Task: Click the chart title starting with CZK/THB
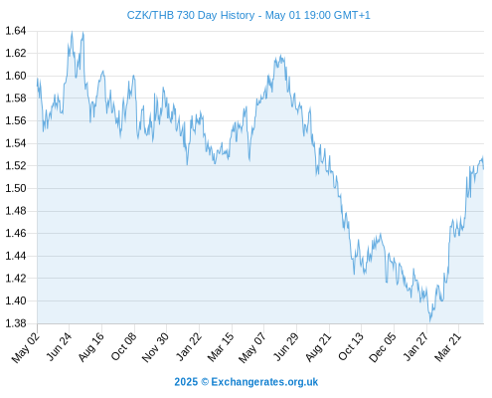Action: click(x=248, y=15)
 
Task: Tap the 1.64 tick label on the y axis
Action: click(x=16, y=31)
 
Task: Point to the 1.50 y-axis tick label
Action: click(x=16, y=188)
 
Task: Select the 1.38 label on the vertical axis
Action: click(x=16, y=323)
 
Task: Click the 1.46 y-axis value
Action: click(x=16, y=233)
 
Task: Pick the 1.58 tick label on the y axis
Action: click(x=16, y=99)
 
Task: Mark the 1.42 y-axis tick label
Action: click(x=16, y=278)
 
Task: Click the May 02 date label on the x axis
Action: click(x=26, y=347)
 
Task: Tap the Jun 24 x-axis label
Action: click(x=59, y=346)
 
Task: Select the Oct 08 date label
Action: click(x=123, y=346)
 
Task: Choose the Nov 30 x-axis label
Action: click(x=155, y=347)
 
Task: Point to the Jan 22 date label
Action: click(x=188, y=346)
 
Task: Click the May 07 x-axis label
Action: click(x=252, y=347)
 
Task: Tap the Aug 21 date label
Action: click(x=318, y=347)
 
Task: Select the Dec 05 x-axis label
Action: click(x=382, y=347)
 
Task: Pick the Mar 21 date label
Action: click(x=447, y=346)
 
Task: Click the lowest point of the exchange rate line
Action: click(x=430, y=321)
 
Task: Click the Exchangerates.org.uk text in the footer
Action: click(x=264, y=382)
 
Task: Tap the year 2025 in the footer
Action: click(x=186, y=382)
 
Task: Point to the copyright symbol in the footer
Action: click(x=205, y=382)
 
